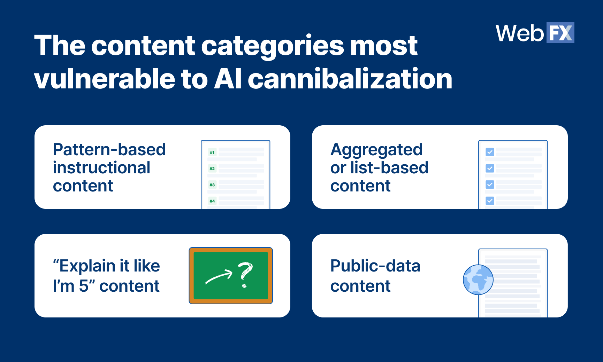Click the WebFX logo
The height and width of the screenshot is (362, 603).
point(535,33)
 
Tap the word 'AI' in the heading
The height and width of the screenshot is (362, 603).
point(228,79)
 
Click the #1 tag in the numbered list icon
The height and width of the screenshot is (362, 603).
point(212,152)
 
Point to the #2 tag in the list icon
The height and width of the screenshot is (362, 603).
point(212,169)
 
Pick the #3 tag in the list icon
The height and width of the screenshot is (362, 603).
point(212,185)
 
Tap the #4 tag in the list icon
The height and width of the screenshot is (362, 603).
point(212,201)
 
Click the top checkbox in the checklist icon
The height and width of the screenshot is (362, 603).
point(490,152)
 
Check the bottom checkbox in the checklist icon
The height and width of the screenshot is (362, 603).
point(490,200)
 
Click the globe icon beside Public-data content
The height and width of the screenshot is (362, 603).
point(478,280)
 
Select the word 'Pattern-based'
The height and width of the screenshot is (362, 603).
point(109,150)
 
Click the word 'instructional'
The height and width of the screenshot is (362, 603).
point(101,168)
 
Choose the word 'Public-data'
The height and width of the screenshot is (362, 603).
point(375,266)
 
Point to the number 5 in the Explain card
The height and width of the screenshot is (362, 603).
point(84,286)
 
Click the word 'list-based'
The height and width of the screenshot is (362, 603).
point(389,168)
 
